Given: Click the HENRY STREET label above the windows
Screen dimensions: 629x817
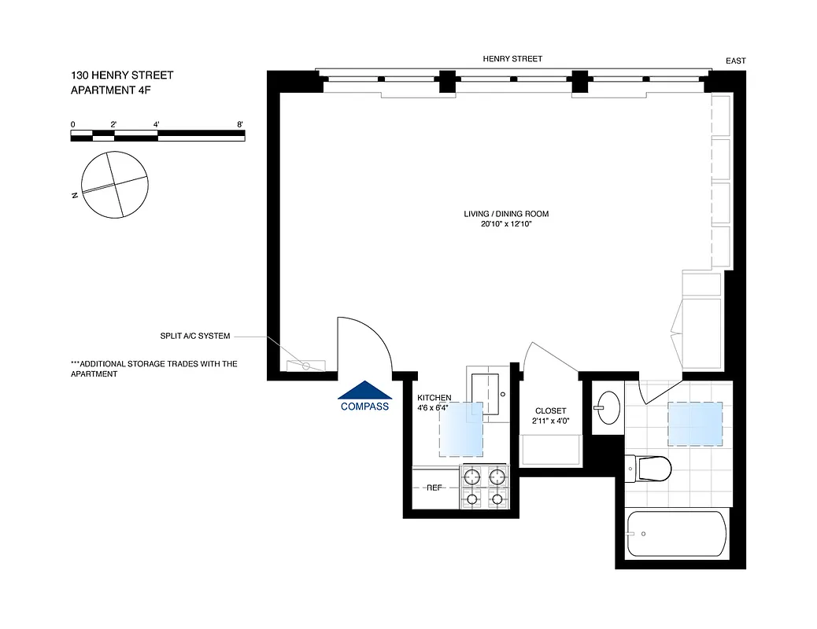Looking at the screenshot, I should (512, 59).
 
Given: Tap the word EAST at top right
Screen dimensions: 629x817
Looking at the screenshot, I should (736, 61).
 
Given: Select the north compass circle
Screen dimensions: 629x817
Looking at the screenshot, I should (116, 185).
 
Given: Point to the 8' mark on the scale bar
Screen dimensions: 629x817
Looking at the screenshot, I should (240, 124).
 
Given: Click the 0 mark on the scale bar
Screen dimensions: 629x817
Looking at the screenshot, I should (72, 124).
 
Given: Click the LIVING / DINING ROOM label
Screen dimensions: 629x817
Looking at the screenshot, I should (506, 214).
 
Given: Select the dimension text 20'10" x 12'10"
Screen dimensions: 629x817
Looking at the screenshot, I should (506, 224).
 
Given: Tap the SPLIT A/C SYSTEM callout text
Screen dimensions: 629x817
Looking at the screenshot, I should (194, 337).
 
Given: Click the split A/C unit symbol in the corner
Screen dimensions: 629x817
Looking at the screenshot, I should (305, 365).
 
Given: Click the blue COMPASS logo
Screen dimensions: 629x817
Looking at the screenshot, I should (364, 396).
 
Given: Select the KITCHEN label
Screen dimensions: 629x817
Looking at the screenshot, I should (434, 398).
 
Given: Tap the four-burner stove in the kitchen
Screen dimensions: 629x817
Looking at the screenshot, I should (486, 487).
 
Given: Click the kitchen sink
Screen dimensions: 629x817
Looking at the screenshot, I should (488, 393).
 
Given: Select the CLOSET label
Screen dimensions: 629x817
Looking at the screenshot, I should (550, 411).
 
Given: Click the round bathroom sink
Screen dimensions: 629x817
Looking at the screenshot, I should (606, 407).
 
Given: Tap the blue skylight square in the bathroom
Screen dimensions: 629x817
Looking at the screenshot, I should (695, 424).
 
